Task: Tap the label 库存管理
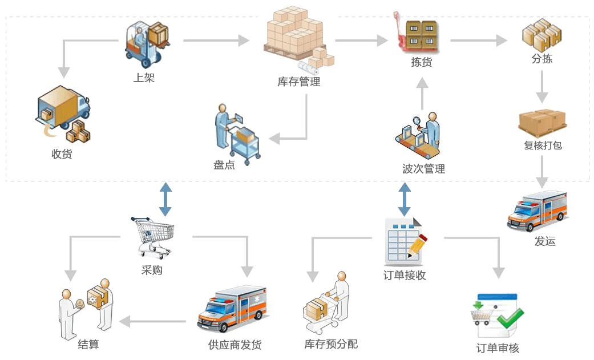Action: coord(299,82)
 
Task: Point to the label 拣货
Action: coord(422,62)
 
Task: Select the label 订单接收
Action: coord(405,276)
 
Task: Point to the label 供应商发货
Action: coord(235,345)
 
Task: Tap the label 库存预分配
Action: coord(331,344)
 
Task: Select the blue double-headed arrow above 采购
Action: coord(165,199)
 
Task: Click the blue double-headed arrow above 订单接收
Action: coord(405,199)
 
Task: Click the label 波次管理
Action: coord(423,169)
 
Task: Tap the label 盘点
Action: coord(224,164)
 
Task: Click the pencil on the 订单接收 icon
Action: coord(418,244)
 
